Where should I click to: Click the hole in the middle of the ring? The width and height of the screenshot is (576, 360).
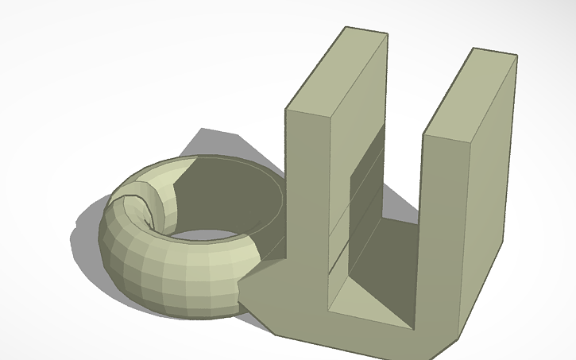(x=208, y=234)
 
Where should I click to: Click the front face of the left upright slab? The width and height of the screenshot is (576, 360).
(x=306, y=215)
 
